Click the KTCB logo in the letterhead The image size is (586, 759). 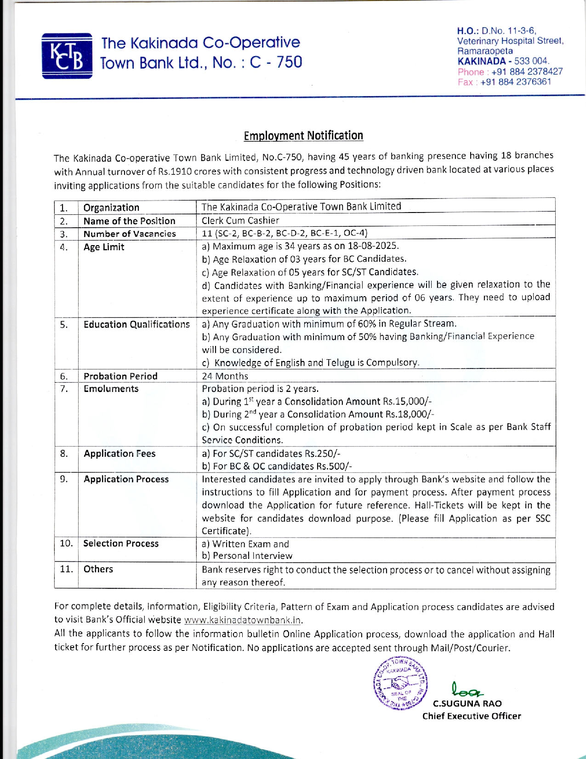point(67,56)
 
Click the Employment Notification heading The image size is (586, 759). point(303,136)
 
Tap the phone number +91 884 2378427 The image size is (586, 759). point(527,72)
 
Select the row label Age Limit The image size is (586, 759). point(104,247)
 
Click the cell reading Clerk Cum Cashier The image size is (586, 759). point(240,220)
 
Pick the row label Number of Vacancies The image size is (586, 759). point(130,234)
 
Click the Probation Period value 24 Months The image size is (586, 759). point(225,376)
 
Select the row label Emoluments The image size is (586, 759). point(111,389)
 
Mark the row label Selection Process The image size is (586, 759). point(121,543)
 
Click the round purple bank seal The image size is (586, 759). point(400,683)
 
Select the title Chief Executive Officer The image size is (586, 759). point(472,716)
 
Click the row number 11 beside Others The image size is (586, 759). point(66,569)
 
